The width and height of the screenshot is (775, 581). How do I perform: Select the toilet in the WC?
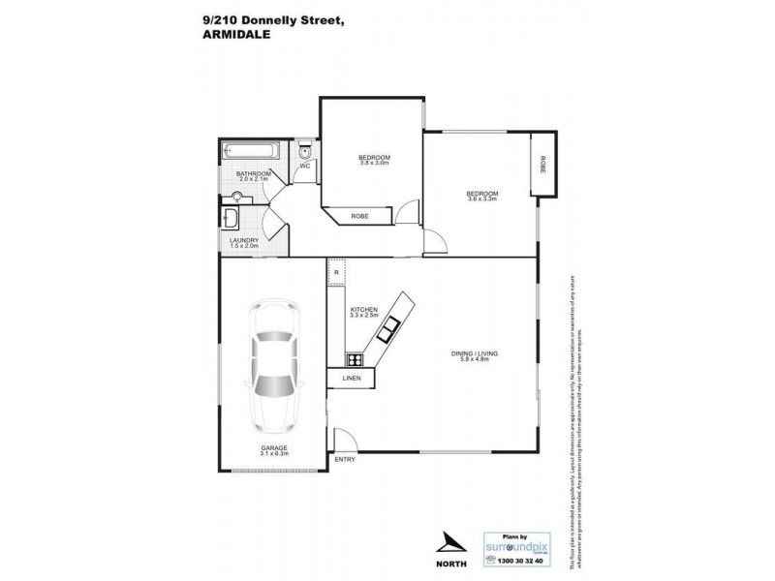[x=304, y=151]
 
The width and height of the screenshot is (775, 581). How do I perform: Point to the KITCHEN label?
[x=363, y=309]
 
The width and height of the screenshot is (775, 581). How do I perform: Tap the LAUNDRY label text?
[x=243, y=241]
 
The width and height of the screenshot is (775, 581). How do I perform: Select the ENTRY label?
[x=343, y=458]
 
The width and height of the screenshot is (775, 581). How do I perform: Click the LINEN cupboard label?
[x=351, y=378]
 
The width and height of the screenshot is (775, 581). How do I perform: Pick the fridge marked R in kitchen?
[x=336, y=273]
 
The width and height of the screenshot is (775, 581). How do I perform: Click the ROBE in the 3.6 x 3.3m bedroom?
[x=543, y=164]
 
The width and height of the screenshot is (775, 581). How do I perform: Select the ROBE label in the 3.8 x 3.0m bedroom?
[x=358, y=217]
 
